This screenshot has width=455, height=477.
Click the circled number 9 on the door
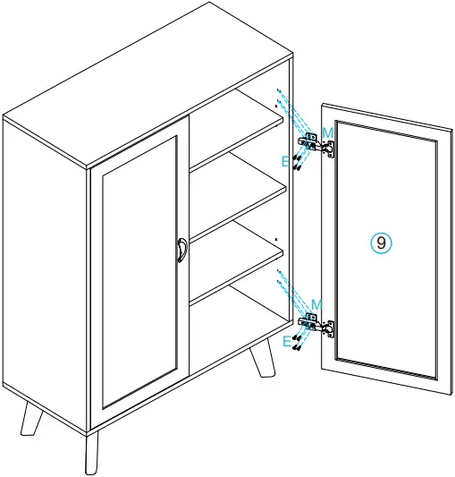(382, 242)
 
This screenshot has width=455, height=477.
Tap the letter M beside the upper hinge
(328, 132)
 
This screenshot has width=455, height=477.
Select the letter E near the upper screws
(286, 161)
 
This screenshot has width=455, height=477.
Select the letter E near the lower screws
(286, 341)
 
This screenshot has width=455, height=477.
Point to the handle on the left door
(181, 250)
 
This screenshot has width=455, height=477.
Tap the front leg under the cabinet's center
(92, 452)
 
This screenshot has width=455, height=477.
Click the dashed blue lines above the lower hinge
(288, 286)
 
